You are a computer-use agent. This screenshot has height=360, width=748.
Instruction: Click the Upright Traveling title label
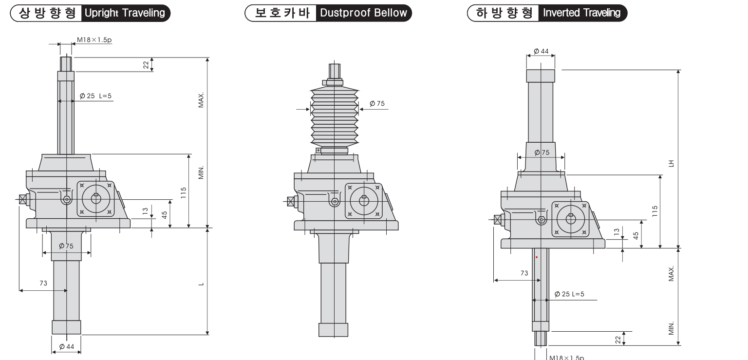pos(125,13)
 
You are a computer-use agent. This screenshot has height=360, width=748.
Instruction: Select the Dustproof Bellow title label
pos(363,13)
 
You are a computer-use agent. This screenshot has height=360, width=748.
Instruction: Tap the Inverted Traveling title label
pos(581,13)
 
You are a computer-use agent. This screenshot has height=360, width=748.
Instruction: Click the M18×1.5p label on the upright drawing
pos(94,40)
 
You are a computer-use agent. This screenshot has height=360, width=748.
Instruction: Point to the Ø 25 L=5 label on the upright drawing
pos(95,96)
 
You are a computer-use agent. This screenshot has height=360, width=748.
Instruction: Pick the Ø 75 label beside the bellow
pos(377,104)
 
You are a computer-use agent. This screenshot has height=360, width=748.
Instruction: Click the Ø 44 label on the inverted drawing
pos(541,51)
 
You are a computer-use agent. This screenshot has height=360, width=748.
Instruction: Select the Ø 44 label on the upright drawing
pos(66,347)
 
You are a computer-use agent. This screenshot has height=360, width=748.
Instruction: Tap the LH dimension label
pos(671,163)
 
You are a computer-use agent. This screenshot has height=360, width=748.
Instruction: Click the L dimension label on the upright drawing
pos(201,284)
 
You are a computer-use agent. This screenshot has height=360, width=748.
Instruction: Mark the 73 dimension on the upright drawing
pos(43,283)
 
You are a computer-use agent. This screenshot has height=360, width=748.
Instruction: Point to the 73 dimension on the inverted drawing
pos(524,273)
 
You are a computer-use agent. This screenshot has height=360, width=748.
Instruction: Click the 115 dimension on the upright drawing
pos(183,193)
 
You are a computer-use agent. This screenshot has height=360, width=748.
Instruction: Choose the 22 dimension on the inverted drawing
pos(618,340)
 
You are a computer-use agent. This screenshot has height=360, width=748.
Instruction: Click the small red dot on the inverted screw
pos(537,257)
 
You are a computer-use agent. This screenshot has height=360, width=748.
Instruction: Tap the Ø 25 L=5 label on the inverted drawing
pos(569,294)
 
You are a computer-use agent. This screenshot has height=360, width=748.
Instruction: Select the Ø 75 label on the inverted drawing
pos(542,152)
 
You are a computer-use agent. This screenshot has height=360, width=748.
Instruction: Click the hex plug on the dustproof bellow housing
pos(335,202)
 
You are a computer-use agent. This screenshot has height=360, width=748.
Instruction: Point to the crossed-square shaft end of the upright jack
pos(23,199)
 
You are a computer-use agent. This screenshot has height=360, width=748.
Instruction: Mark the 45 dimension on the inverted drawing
pos(636,236)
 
